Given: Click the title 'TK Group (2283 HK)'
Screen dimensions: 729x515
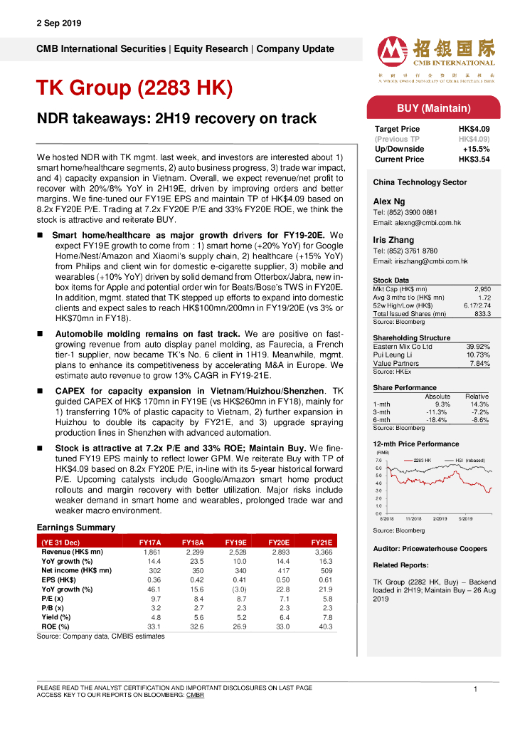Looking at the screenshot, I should pyautogui.click(x=134, y=88).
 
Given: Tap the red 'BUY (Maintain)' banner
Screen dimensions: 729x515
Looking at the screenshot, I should pyautogui.click(x=433, y=108).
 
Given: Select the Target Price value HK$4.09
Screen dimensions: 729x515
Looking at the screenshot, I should pyautogui.click(x=474, y=129).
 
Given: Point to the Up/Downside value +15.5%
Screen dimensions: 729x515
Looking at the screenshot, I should pyautogui.click(x=477, y=150).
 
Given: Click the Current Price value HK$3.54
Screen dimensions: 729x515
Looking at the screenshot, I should pyautogui.click(x=474, y=159).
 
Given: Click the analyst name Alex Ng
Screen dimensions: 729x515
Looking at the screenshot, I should pyautogui.click(x=388, y=201).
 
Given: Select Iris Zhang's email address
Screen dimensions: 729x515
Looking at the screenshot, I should pyautogui.click(x=420, y=262).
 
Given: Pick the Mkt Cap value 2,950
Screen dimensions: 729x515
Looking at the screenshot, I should pyautogui.click(x=482, y=289).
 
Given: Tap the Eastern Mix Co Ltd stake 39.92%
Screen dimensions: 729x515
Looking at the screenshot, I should pyautogui.click(x=478, y=347).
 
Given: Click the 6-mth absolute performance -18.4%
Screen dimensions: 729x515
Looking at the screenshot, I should pyautogui.click(x=436, y=420).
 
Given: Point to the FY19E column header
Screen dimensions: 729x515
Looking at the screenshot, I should pyautogui.click(x=236, y=542).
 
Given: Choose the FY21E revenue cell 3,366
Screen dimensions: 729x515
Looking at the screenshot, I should pyautogui.click(x=323, y=552).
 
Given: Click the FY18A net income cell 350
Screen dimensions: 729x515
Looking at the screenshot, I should pyautogui.click(x=193, y=570).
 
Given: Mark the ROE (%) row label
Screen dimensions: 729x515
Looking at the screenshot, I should pyautogui.click(x=56, y=626).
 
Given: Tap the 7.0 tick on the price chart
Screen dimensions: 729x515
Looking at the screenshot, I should pyautogui.click(x=378, y=461).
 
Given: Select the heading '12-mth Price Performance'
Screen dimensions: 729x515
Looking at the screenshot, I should pyautogui.click(x=415, y=444).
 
